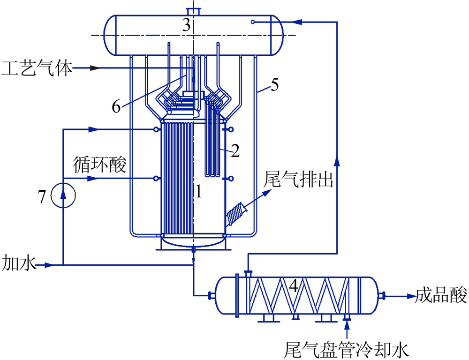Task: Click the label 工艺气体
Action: [37, 68]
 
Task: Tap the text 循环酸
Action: [99, 164]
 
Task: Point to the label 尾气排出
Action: [298, 180]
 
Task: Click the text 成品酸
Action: [441, 295]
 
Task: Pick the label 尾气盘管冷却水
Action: [347, 349]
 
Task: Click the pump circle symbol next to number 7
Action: [63, 195]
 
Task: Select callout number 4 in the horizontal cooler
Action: [294, 286]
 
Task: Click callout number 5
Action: [274, 85]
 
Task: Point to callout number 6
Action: [116, 106]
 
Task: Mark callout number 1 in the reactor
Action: [198, 191]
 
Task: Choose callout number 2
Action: [236, 151]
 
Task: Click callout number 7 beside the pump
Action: [42, 197]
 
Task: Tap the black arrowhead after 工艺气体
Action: [95, 68]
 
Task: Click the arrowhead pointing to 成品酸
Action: [411, 296]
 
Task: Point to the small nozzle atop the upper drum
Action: [194, 11]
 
